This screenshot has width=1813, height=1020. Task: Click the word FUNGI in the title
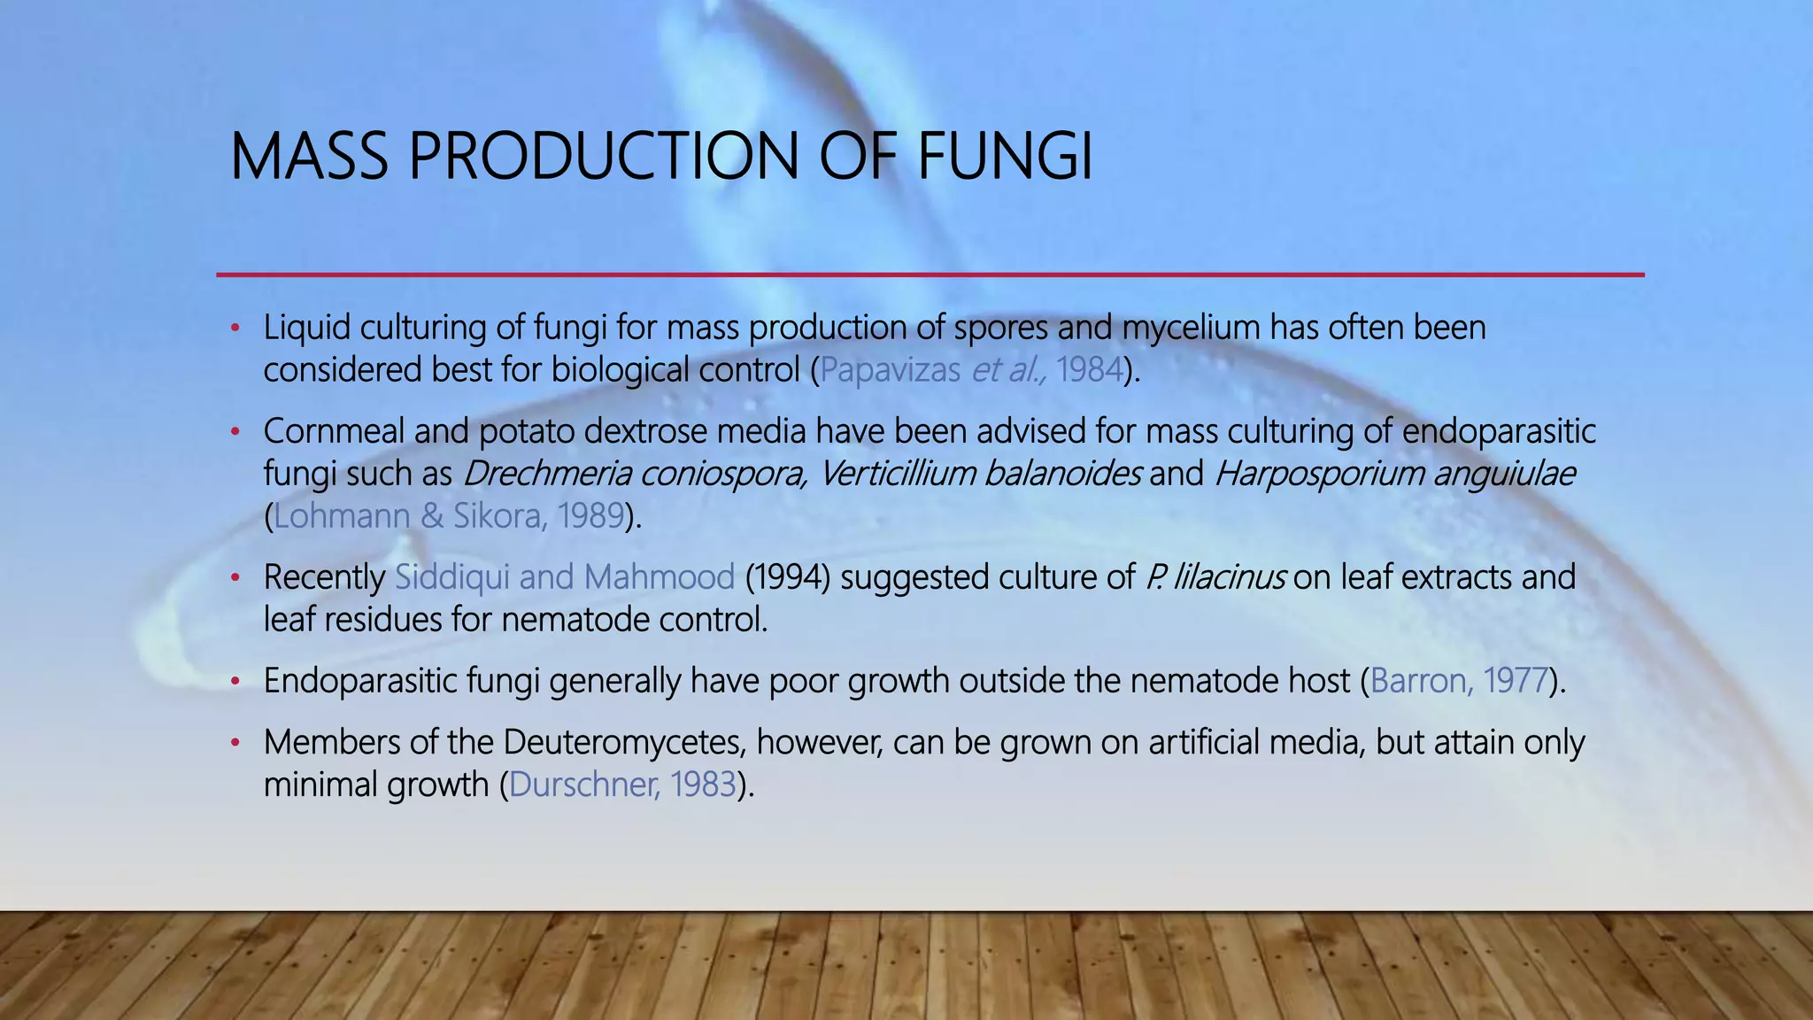[1005, 157]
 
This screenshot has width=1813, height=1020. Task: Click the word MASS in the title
[309, 157]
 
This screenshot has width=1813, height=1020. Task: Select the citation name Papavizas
[890, 370]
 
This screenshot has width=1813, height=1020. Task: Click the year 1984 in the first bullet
[1089, 370]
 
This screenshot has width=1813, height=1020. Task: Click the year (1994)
[787, 578]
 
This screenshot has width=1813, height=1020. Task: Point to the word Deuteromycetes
[624, 743]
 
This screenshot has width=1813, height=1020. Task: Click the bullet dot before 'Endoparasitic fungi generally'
[235, 683]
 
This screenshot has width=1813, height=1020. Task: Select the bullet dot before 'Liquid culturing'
[235, 329]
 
